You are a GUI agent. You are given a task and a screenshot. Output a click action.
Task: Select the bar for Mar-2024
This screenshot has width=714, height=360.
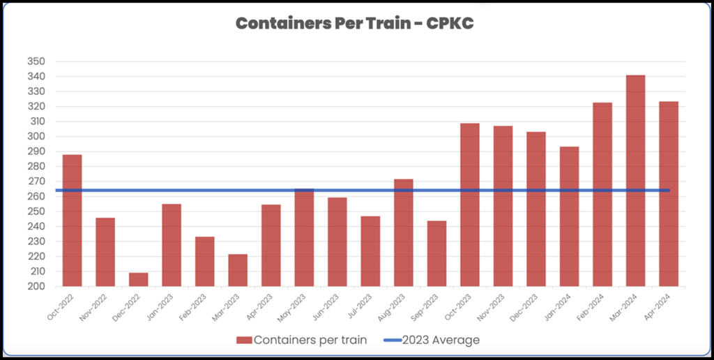(635, 181)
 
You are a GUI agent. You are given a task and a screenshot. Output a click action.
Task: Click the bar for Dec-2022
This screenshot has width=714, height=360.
(138, 279)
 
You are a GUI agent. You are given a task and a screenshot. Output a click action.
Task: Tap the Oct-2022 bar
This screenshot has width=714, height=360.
(72, 220)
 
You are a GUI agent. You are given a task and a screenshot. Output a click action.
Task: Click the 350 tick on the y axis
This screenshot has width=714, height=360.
(36, 61)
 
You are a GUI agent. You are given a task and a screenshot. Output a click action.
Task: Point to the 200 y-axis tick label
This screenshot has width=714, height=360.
(36, 287)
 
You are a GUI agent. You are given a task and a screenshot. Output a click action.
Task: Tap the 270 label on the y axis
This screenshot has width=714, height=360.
(36, 181)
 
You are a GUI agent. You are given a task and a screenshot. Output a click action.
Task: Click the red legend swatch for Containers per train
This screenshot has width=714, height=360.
(243, 340)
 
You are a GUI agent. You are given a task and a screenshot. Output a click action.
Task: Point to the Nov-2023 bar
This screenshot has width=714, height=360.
(503, 206)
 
